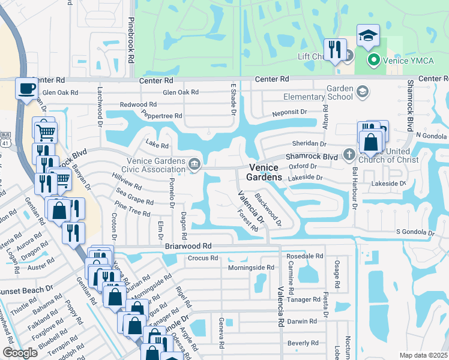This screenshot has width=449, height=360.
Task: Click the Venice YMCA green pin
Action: point(373,59)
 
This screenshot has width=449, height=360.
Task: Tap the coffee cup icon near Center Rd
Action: point(26,88)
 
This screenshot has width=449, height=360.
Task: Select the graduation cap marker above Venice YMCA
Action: point(368,36)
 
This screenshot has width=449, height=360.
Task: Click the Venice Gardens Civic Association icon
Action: point(194,163)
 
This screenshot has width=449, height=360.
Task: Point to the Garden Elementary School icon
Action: point(362,92)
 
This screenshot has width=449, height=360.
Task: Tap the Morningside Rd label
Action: point(251,268)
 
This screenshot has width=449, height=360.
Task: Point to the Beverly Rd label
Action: point(303,343)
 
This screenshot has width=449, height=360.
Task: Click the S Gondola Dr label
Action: point(415,232)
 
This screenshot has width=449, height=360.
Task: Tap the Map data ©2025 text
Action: point(423,355)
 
